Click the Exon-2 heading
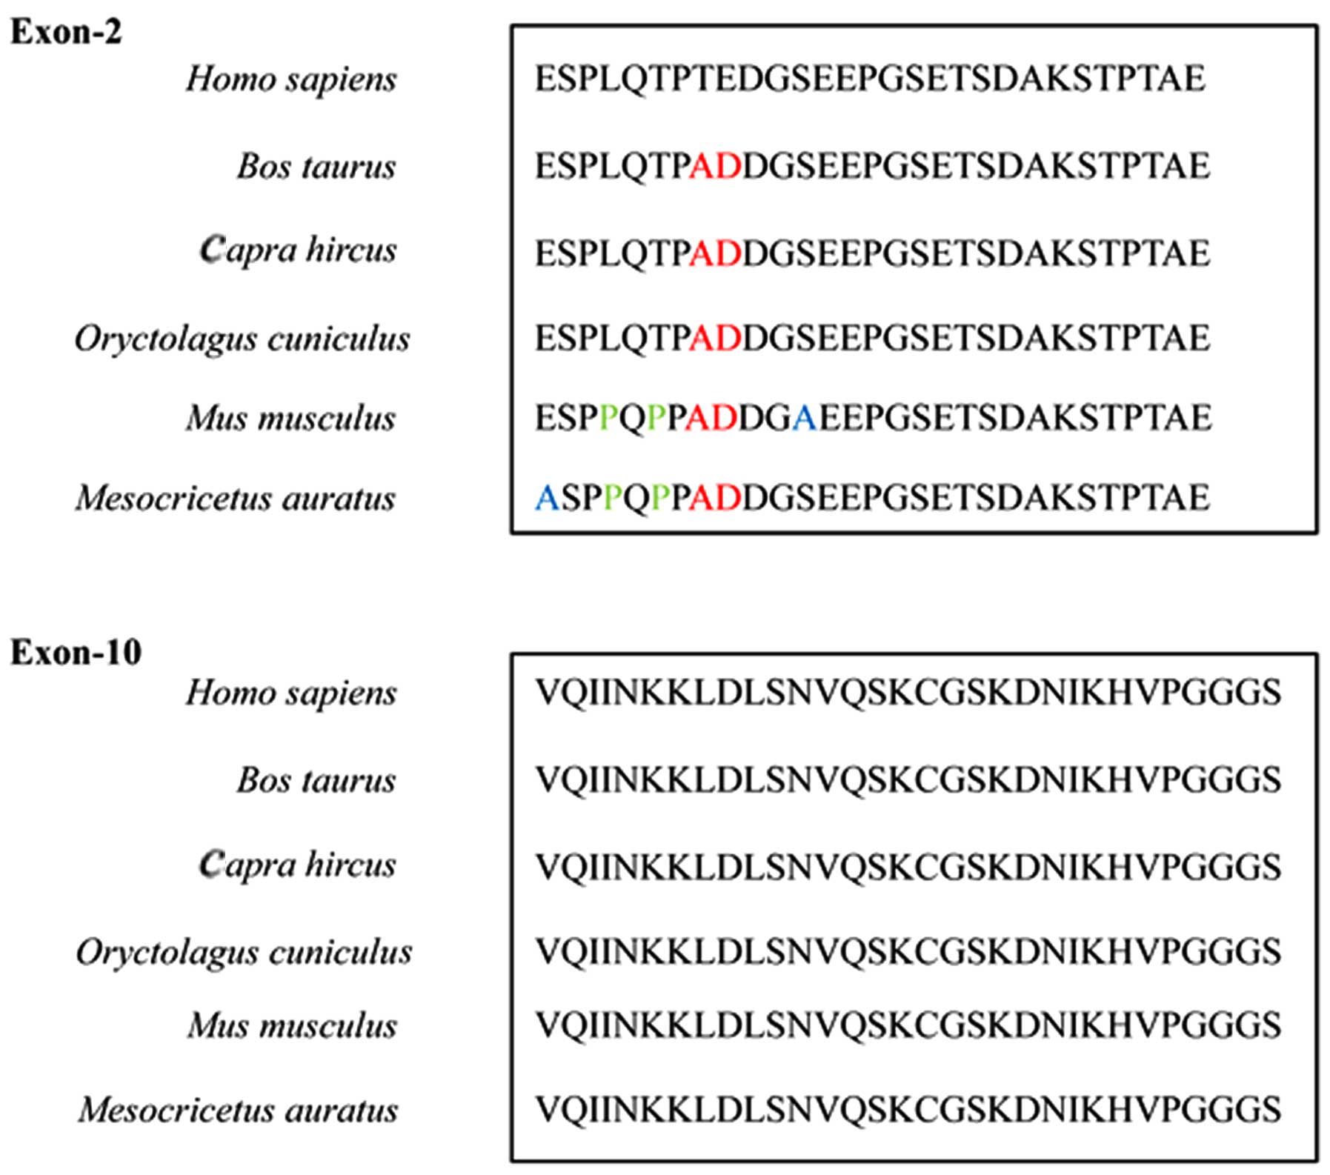[x=66, y=33]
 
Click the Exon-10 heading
[x=76, y=653]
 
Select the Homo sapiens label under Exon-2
[x=291, y=80]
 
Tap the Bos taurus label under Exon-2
[x=316, y=167]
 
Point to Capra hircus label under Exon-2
[x=298, y=250]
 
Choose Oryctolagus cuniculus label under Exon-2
[x=242, y=339]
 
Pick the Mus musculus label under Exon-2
[x=291, y=419]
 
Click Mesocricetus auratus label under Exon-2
[x=236, y=498]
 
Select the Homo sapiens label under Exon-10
[x=291, y=693]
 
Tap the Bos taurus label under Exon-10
[x=316, y=780]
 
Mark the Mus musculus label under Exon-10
[x=292, y=1026]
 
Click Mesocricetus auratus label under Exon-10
[x=238, y=1110]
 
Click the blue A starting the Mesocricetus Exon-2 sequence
[x=547, y=498]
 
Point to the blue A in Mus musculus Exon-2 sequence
[x=804, y=419]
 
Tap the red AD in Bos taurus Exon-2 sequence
[x=715, y=167]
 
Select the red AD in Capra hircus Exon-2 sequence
[x=715, y=254]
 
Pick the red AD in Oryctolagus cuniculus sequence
[x=715, y=339]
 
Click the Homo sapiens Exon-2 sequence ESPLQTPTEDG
[x=870, y=79]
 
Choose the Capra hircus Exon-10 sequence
[x=908, y=867]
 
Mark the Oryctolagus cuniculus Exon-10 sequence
[x=908, y=952]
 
